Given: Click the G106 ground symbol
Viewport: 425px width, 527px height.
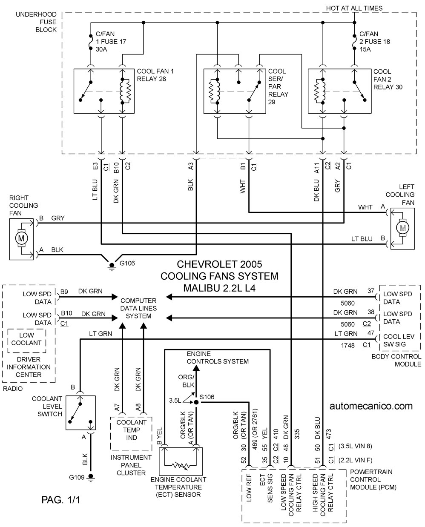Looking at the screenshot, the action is pyautogui.click(x=112, y=266).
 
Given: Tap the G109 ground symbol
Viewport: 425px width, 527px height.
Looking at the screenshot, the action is pyautogui.click(x=91, y=477).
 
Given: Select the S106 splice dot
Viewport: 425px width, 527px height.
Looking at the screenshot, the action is pyautogui.click(x=196, y=402).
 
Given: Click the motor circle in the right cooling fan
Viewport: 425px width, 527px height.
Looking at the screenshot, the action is pyautogui.click(x=21, y=238).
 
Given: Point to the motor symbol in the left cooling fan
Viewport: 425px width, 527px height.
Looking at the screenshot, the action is pyautogui.click(x=403, y=228).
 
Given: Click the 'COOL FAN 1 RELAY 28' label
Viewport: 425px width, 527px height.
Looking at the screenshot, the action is pyautogui.click(x=155, y=75).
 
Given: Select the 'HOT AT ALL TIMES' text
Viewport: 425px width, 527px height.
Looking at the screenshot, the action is pyautogui.click(x=354, y=8).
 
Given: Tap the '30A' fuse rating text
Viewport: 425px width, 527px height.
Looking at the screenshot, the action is pyautogui.click(x=101, y=49).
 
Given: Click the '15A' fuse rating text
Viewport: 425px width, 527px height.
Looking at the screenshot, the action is pyautogui.click(x=365, y=49).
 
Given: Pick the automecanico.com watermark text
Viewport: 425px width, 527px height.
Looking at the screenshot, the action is pyautogui.click(x=371, y=406).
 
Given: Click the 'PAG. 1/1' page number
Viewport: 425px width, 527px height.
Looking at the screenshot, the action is pyautogui.click(x=61, y=500).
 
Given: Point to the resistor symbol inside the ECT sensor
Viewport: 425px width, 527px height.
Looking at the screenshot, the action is pyautogui.click(x=181, y=465).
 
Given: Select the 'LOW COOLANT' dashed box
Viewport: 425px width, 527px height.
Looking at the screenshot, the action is pyautogui.click(x=27, y=341).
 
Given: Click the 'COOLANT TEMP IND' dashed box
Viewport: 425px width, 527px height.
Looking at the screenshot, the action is pyautogui.click(x=131, y=434).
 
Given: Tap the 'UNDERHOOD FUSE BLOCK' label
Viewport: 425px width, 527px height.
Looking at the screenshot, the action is pyautogui.click(x=36, y=22).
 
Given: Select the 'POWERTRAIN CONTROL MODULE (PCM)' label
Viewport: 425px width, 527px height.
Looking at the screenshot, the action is pyautogui.click(x=373, y=479).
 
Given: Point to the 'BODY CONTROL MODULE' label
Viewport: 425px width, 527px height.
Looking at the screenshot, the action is pyautogui.click(x=396, y=360).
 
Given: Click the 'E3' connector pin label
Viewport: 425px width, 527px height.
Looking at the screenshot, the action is pyautogui.click(x=95, y=166).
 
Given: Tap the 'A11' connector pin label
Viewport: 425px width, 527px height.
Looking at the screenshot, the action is pyautogui.click(x=317, y=168).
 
